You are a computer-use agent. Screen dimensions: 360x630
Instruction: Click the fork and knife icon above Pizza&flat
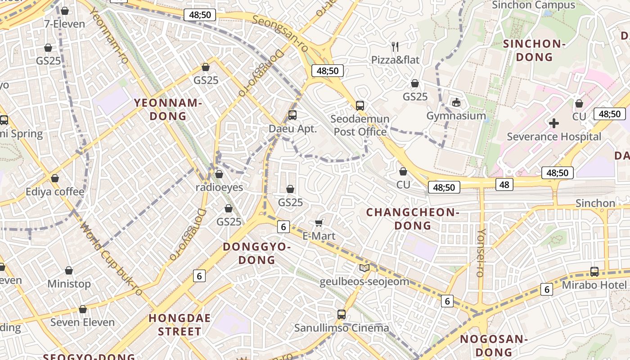tap(395, 46)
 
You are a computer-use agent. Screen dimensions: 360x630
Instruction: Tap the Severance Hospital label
tap(554, 136)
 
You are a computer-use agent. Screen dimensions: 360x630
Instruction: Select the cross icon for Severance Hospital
tap(554, 123)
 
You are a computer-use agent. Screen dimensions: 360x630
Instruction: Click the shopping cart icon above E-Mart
tap(319, 223)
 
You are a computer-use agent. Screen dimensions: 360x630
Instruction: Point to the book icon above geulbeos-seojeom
tap(364, 268)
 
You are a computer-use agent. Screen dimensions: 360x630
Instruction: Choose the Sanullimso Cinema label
tap(342, 328)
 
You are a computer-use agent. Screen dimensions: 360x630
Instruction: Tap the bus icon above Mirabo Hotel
tap(594, 271)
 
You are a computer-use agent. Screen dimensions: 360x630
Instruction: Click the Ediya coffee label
tap(55, 192)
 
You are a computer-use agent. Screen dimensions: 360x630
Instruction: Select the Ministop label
tap(69, 284)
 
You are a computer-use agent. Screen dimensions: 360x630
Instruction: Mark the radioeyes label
tap(219, 187)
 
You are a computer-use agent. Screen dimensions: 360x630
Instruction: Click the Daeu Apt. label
tap(292, 129)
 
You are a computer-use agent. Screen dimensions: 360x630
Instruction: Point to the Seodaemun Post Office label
tap(360, 126)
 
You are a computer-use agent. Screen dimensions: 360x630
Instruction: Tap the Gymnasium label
tap(456, 116)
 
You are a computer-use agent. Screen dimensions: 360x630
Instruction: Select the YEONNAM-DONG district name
tap(168, 109)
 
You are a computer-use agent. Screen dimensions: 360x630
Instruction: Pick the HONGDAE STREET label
tap(180, 325)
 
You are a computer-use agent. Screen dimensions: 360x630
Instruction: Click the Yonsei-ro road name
tap(481, 252)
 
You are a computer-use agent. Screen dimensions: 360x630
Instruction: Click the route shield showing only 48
tap(504, 184)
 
